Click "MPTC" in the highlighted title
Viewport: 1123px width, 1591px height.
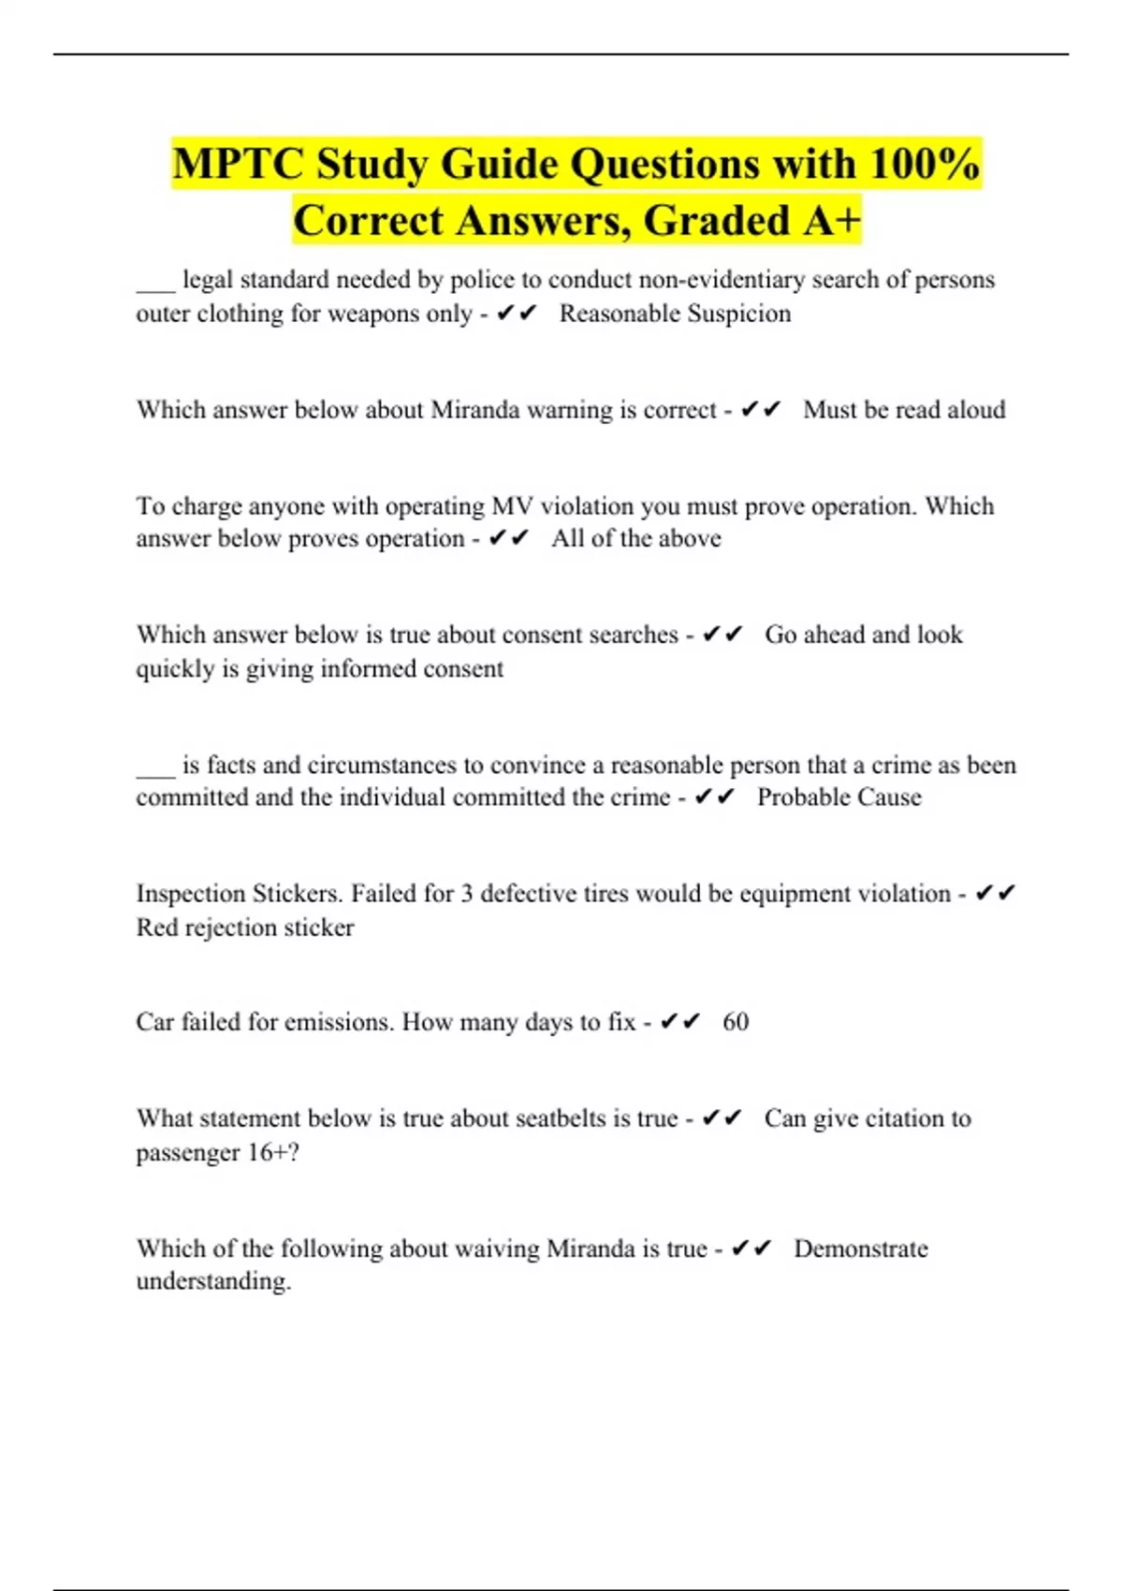coord(238,165)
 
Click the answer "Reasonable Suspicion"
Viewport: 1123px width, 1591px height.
coord(675,314)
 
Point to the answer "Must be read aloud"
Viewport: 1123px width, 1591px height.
coord(904,410)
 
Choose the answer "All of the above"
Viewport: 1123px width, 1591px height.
coord(636,539)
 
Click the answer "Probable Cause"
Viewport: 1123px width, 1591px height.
coord(839,797)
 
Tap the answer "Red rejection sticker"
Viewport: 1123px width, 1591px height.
coord(245,927)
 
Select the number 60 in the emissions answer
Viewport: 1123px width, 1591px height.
coord(736,1022)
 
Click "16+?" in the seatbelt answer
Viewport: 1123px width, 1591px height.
coord(273,1152)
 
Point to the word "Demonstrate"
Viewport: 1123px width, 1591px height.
coord(861,1248)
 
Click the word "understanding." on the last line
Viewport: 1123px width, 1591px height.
coord(213,1281)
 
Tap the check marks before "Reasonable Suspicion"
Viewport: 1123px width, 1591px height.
coord(518,314)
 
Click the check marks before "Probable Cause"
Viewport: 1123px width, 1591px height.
coord(715,797)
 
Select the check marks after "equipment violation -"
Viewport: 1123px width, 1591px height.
coord(995,894)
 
